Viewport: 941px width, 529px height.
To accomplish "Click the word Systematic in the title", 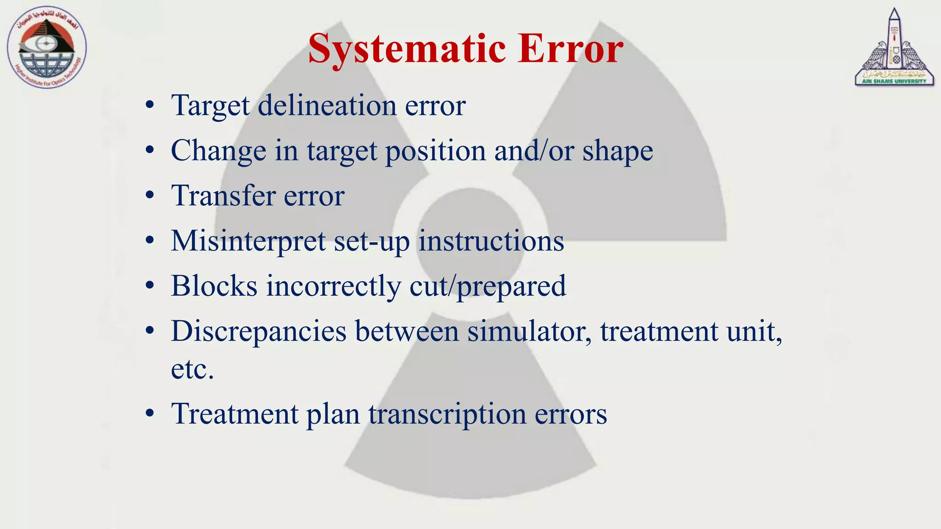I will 407,49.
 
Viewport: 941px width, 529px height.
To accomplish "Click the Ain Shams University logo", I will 894,48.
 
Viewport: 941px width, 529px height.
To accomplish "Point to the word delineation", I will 327,106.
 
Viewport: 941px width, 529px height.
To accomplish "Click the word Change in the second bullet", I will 218,151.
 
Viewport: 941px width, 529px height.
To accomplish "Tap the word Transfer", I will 223,196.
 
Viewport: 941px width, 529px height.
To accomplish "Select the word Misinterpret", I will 248,241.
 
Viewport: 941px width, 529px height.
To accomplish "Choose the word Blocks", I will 214,286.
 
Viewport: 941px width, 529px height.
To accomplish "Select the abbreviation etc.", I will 192,369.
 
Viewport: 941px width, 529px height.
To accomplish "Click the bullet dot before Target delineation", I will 149,106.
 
